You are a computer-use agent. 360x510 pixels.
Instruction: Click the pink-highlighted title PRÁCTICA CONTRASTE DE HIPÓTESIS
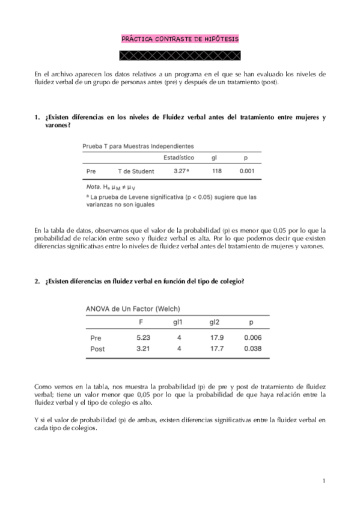coord(180,39)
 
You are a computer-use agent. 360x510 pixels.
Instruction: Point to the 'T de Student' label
coord(136,171)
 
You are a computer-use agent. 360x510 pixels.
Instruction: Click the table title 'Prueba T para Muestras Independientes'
coord(138,146)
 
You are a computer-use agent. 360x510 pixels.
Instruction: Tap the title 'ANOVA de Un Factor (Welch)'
coord(133,309)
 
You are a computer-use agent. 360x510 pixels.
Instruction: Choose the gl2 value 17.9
coord(217,337)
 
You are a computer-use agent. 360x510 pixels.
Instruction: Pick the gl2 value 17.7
coord(217,348)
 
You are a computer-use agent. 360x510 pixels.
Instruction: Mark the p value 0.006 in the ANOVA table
coord(252,337)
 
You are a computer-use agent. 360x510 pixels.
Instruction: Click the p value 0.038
coord(252,348)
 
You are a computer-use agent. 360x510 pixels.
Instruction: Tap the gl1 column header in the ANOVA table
coord(178,322)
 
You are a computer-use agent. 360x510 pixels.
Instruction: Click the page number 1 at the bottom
coord(323,481)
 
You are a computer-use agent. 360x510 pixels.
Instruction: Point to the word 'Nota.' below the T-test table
coord(94,188)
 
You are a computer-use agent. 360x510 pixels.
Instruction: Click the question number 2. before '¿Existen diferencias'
coord(37,281)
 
